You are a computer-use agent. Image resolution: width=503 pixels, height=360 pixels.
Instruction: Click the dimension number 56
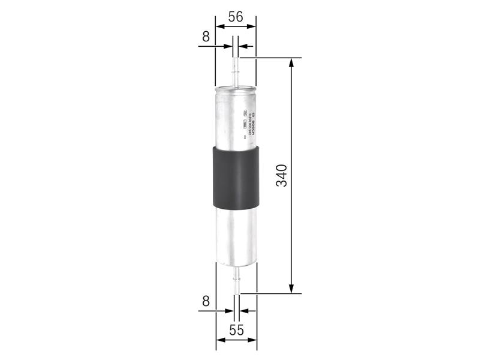[x=235, y=16]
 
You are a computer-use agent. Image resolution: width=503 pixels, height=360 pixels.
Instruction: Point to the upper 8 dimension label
[x=206, y=37]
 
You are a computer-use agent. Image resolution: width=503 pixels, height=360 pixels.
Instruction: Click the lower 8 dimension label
[x=206, y=301]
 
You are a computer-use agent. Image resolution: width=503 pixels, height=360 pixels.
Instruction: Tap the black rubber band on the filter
[x=235, y=176]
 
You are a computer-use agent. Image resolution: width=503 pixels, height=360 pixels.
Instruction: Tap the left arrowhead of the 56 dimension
[x=219, y=27]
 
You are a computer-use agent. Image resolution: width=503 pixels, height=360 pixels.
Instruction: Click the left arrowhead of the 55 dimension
[x=219, y=340]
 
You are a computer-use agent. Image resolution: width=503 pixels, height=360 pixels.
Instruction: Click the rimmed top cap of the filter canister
[x=235, y=89]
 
